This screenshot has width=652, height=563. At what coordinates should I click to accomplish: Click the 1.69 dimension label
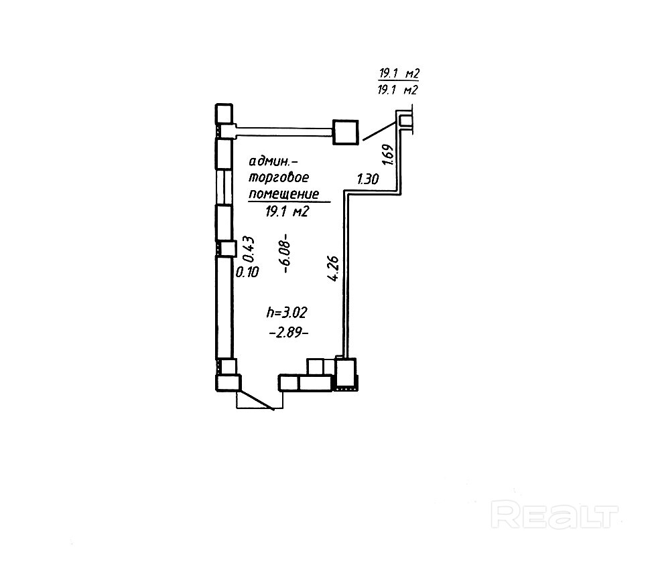tap(387, 155)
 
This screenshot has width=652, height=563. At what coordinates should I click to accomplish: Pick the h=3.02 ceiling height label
tap(286, 312)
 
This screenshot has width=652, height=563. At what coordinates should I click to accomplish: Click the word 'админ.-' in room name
tap(270, 162)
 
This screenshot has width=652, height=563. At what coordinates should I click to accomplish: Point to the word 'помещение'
tap(282, 195)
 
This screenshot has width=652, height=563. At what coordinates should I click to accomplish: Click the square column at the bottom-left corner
tap(227, 383)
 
